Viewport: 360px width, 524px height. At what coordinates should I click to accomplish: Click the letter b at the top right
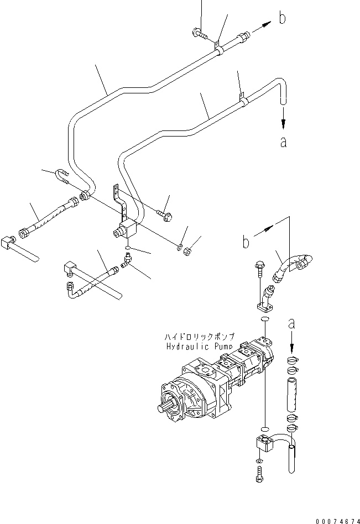[x=282, y=19]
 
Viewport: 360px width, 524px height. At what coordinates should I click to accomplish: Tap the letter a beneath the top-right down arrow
[x=283, y=142]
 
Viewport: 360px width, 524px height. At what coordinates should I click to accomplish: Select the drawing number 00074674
[x=337, y=520]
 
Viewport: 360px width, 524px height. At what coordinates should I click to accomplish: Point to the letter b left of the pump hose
[x=246, y=242]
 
